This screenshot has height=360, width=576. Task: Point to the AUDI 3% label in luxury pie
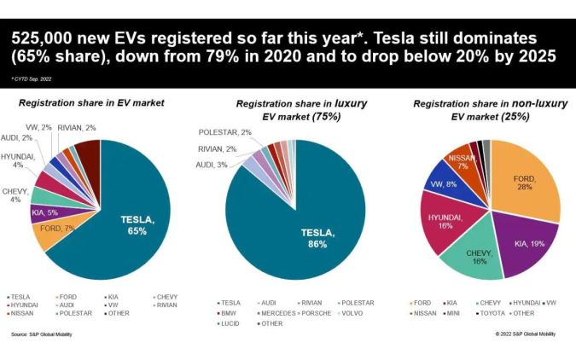pyautogui.click(x=210, y=164)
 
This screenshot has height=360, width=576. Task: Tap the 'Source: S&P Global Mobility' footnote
pyautogui.click(x=42, y=334)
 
